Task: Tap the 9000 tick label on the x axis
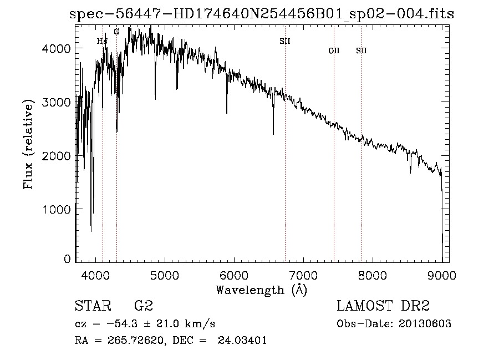coord(441,273)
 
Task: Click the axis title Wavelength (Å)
coord(261,289)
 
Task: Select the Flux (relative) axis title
coord(28,144)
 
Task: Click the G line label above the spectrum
coord(116,32)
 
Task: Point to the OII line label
coord(334,50)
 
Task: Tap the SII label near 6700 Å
coord(285,41)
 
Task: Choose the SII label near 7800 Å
coord(361,50)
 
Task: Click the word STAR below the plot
coord(92,306)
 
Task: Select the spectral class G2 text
coord(144,306)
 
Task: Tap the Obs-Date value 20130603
coord(425,324)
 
